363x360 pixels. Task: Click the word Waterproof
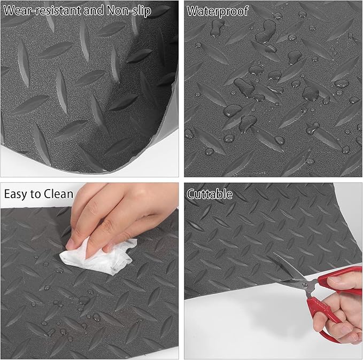pos(218,11)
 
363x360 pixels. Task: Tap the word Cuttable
pos(210,194)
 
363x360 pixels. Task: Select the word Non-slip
pos(128,11)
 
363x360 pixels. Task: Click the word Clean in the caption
pos(58,194)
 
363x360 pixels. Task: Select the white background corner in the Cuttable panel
pos(225,331)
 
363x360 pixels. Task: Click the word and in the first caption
pos(91,11)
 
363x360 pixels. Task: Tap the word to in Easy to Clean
pos(38,194)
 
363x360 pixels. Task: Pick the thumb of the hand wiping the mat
pos(80,235)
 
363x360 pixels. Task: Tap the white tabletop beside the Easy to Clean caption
pos(80,195)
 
